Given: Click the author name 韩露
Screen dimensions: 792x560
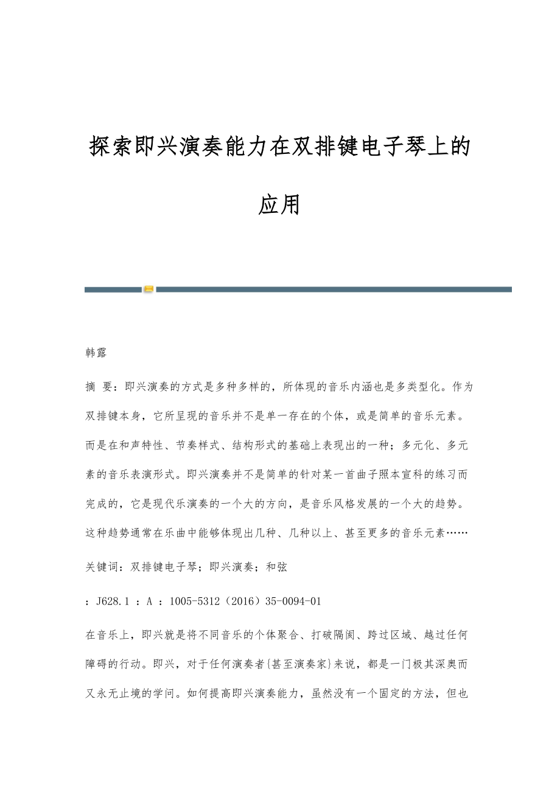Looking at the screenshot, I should [96, 352].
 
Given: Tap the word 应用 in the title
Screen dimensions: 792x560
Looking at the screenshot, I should [279, 205].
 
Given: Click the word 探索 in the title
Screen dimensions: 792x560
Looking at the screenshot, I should [110, 147].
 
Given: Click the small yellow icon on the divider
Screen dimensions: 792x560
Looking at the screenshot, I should [149, 290].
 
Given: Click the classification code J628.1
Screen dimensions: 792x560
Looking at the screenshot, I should [113, 601].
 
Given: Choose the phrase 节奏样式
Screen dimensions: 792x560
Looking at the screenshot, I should [208, 445].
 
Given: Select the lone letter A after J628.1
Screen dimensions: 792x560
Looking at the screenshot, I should [149, 601].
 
